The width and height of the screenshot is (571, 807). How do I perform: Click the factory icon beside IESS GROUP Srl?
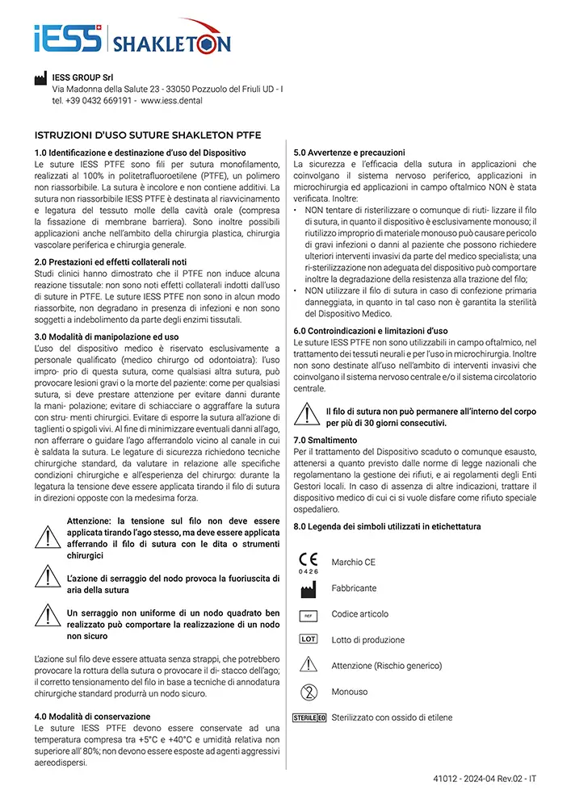coord(40,78)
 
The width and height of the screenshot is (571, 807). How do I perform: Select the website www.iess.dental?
coord(171,101)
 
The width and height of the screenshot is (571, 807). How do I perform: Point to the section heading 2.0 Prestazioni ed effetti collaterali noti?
coord(111,262)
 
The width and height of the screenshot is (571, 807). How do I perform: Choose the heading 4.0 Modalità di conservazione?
coord(92,717)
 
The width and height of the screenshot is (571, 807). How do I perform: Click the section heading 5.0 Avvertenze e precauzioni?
coord(350,153)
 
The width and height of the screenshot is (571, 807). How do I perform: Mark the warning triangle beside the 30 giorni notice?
coord(308,415)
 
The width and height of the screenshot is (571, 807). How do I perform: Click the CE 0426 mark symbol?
coord(309,562)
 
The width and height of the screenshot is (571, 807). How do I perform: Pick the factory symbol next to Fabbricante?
coord(309,590)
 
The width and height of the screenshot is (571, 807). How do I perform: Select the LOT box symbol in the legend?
coord(309,639)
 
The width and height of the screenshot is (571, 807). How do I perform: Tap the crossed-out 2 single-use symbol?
coord(309,692)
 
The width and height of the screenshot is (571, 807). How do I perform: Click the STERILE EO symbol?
coord(309,717)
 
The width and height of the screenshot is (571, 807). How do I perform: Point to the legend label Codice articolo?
coord(359,614)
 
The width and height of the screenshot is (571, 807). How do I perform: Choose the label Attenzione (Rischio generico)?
coord(386,666)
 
